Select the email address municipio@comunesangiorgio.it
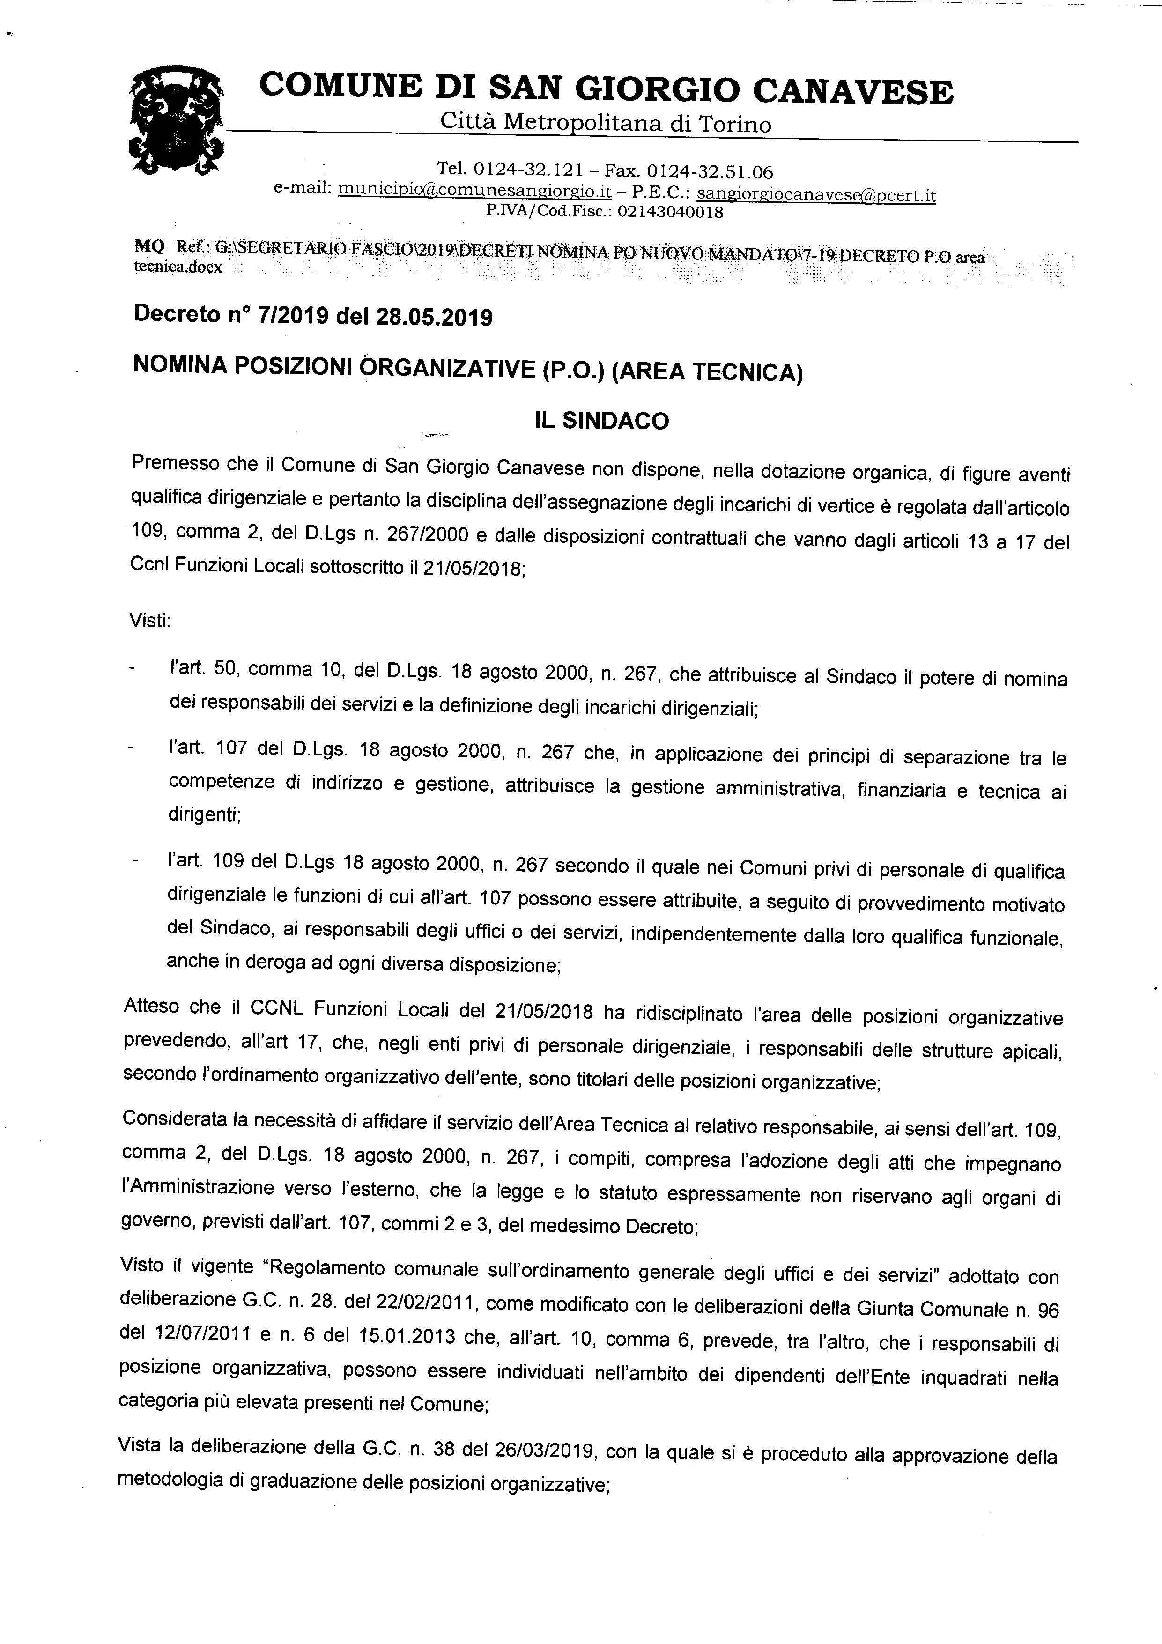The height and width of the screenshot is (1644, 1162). pos(474,191)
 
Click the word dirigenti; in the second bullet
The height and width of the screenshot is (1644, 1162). pos(204,815)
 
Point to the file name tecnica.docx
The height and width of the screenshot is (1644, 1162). pos(178,267)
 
